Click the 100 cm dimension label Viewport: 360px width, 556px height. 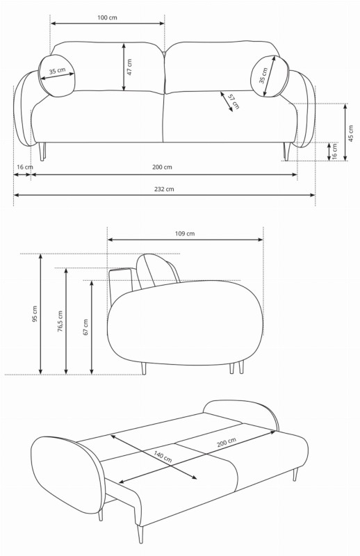point(108,17)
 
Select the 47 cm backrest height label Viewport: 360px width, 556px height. point(130,67)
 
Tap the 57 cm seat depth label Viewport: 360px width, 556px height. point(234,101)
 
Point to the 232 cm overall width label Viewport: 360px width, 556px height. point(165,189)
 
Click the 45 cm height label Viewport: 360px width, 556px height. point(351,133)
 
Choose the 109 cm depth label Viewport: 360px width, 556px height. point(185,234)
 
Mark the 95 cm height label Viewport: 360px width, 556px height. point(35,314)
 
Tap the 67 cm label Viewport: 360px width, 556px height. point(85,327)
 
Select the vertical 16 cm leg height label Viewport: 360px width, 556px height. point(335,152)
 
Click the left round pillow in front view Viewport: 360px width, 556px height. point(58,74)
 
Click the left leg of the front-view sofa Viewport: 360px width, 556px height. point(43,151)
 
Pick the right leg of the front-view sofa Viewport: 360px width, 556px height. point(285,151)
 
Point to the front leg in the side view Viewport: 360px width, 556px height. point(144,368)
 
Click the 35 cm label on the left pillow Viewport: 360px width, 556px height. point(58,72)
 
